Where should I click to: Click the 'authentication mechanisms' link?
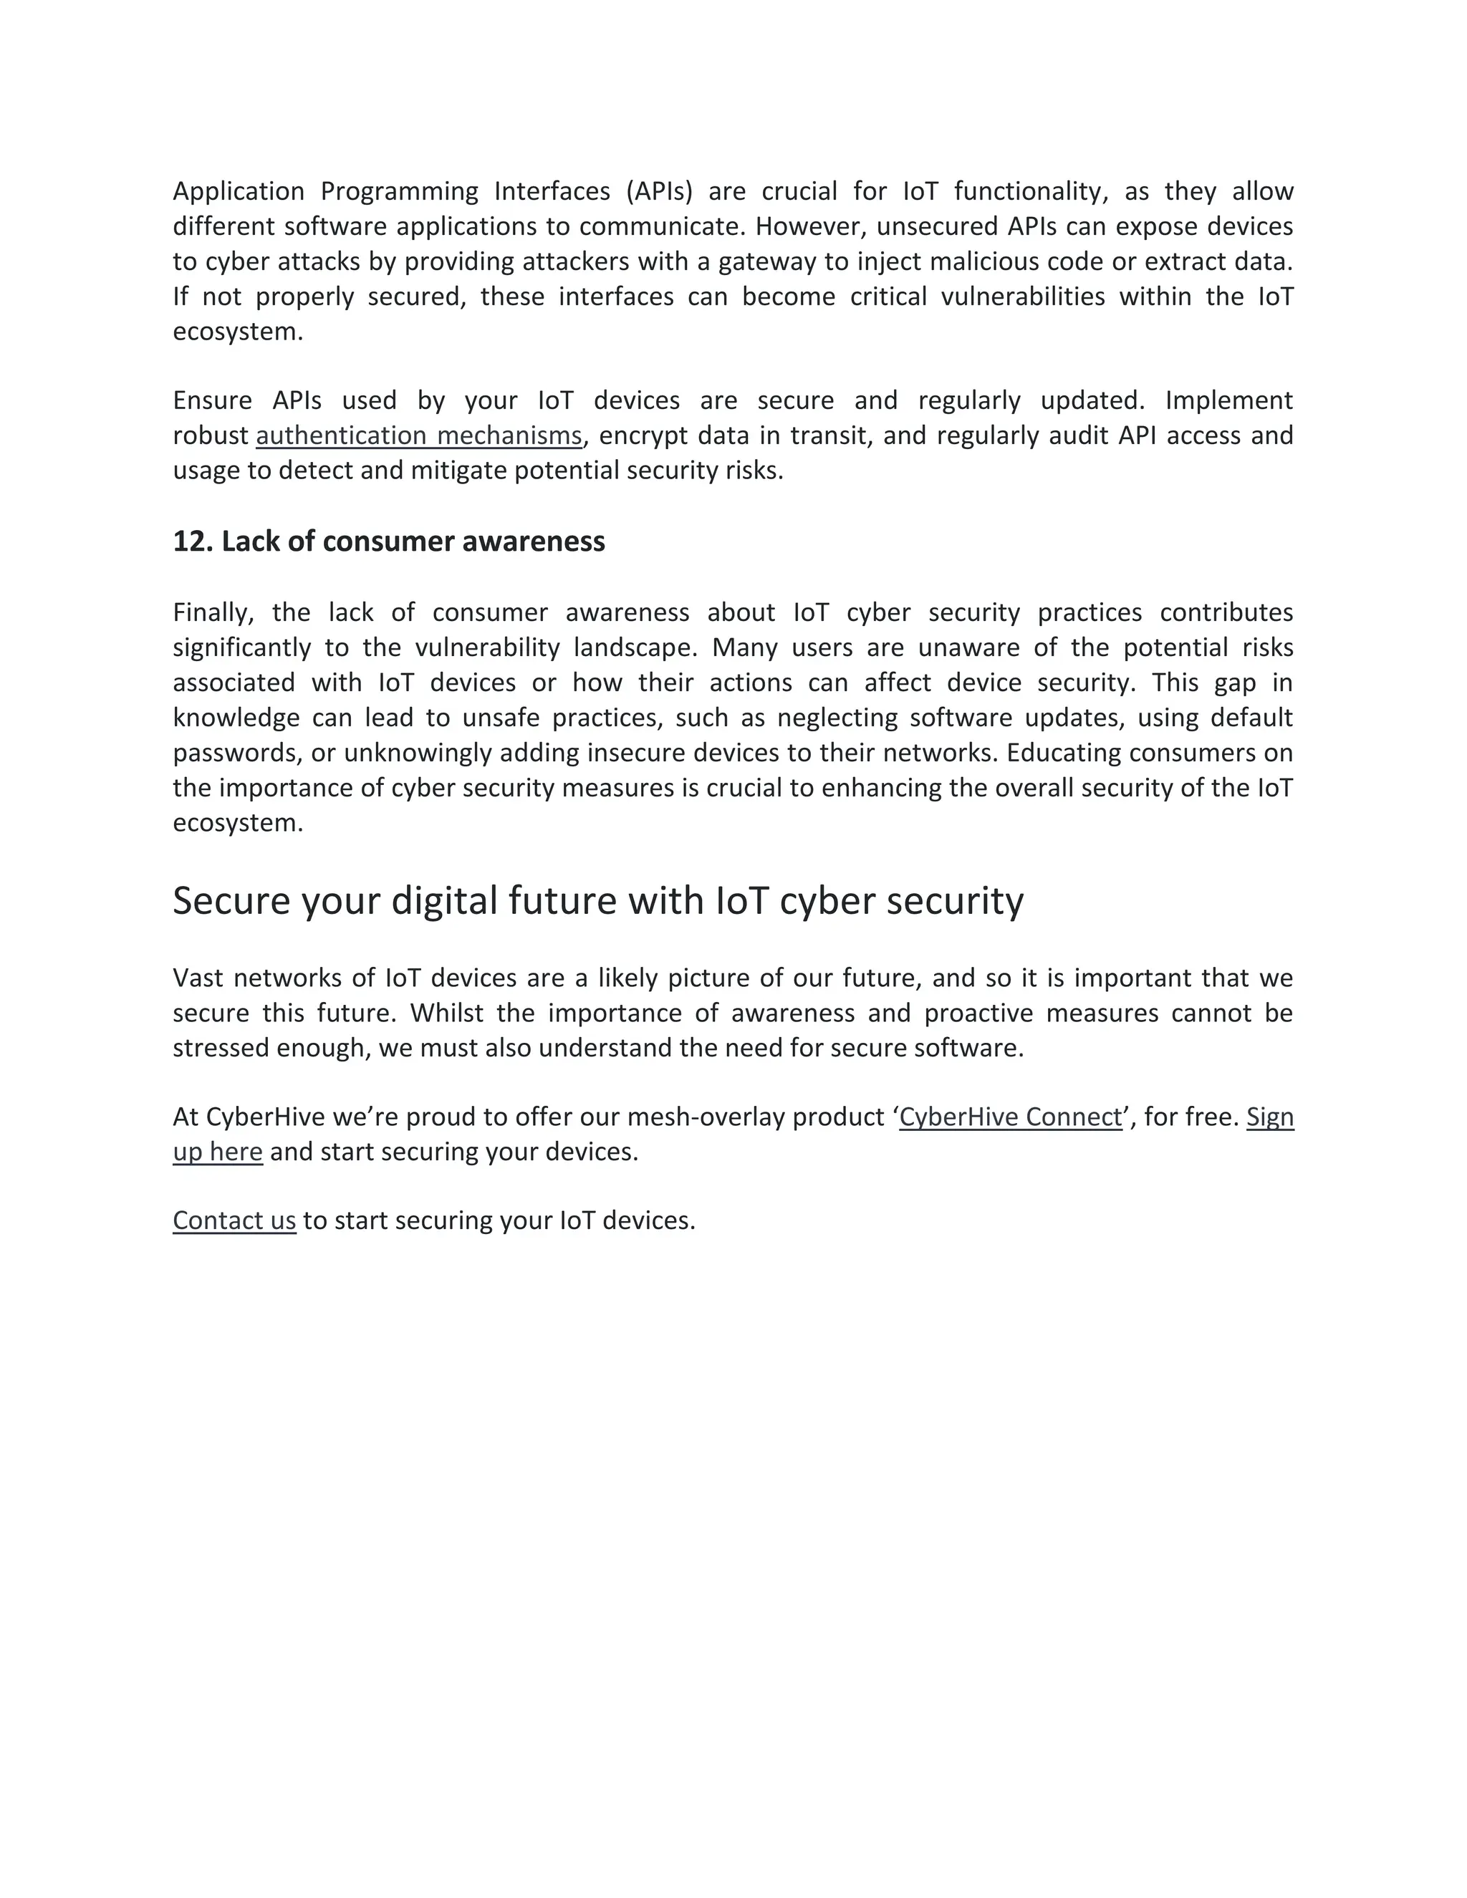click(418, 435)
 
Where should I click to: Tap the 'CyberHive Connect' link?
click(1011, 1117)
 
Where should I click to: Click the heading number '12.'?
click(193, 541)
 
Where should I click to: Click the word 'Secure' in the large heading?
click(231, 900)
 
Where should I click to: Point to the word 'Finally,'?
click(213, 612)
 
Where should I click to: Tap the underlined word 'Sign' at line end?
click(1270, 1117)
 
